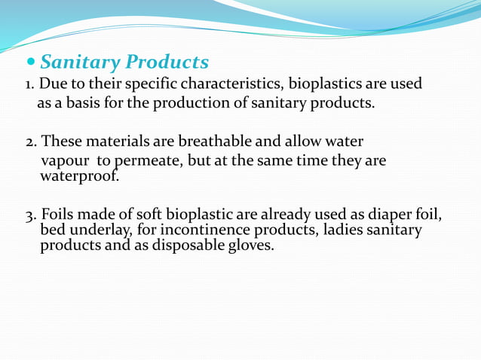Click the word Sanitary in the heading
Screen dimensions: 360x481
(x=81, y=62)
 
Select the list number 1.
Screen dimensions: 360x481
(x=28, y=84)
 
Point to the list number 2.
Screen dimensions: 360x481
(x=29, y=142)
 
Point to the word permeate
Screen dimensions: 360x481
(x=144, y=161)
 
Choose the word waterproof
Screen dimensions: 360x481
(x=79, y=177)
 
